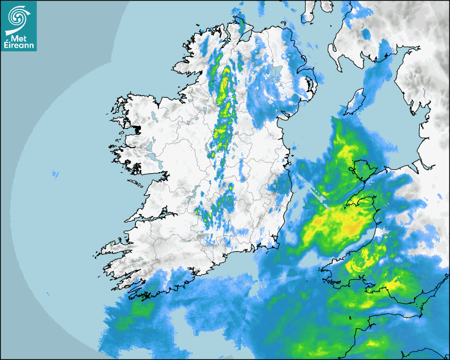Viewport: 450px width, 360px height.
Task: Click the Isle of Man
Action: click(x=356, y=101)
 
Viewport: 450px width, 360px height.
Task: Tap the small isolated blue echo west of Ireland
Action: click(x=55, y=173)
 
